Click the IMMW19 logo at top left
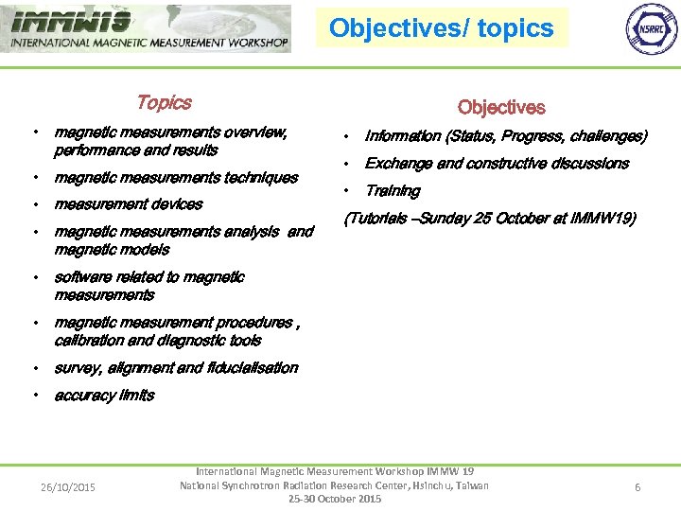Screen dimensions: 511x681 point(147,28)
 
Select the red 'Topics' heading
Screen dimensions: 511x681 point(164,102)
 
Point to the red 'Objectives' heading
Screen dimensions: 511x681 point(501,108)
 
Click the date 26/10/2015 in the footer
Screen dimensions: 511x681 point(67,487)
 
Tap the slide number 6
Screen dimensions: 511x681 point(637,487)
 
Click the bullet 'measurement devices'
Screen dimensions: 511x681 point(129,204)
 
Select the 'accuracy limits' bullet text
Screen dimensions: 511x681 point(104,396)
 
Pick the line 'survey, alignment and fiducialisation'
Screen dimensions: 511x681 point(176,368)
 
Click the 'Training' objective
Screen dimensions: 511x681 point(393,191)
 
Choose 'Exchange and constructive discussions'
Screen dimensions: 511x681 point(497,164)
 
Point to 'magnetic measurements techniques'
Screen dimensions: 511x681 point(176,178)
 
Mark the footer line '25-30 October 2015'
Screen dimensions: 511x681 point(335,499)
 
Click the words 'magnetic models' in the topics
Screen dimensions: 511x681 point(112,250)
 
